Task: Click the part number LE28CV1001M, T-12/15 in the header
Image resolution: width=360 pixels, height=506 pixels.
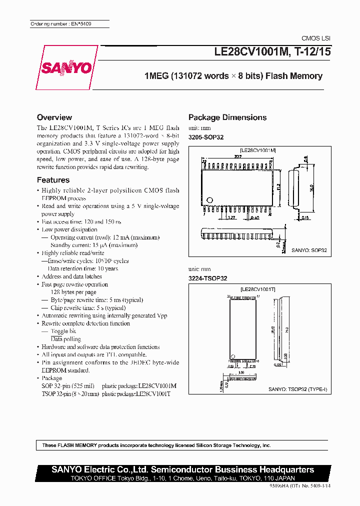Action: point(272,51)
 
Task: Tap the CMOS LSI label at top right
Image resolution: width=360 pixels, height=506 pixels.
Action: point(315,38)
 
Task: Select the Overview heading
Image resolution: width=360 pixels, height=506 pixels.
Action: point(54,117)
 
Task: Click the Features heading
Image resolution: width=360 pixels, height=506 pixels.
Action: point(53,180)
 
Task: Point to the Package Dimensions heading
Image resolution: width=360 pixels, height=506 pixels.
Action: point(227,117)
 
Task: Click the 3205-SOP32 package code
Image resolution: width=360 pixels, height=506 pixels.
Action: point(205,137)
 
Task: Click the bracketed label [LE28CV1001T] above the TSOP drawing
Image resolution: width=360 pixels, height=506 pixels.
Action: point(258,289)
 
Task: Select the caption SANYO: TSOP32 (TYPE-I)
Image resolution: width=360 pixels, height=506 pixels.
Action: point(297,389)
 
